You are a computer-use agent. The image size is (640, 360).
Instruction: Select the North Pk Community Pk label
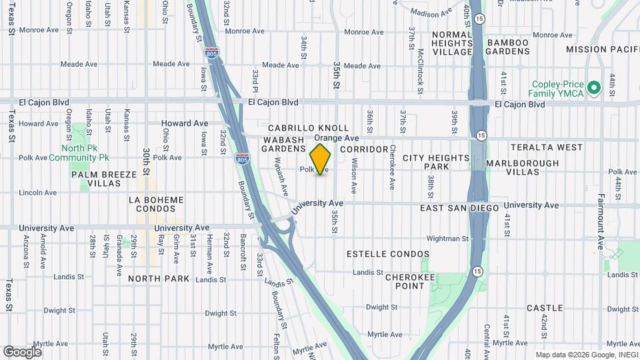point(84,153)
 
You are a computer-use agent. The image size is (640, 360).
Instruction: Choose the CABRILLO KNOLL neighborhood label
point(309,127)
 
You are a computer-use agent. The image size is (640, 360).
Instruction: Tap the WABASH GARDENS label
point(283,144)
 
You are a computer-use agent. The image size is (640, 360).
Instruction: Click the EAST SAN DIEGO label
point(459,209)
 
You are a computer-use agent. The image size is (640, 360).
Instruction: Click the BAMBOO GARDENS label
point(507,48)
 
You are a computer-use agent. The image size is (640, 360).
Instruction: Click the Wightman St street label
point(447,238)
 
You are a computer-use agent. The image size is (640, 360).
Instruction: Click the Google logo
point(23,351)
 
